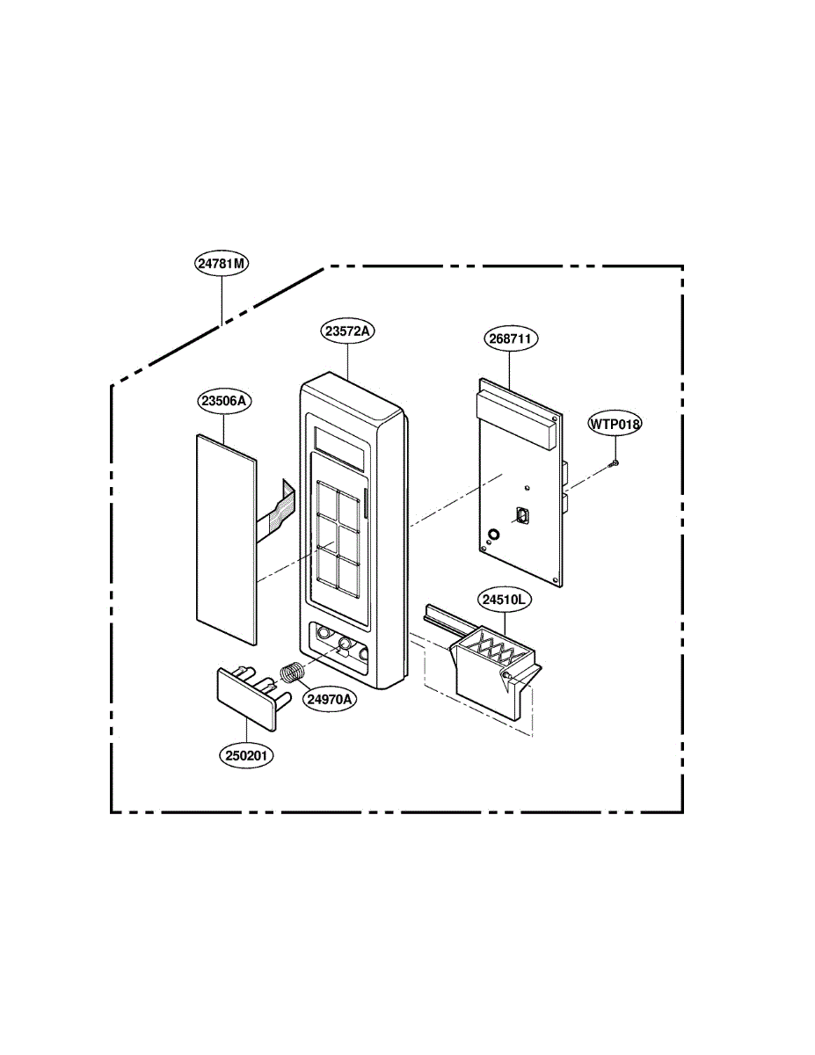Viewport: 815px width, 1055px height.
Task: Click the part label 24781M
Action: click(221, 263)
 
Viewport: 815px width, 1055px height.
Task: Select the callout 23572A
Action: click(348, 331)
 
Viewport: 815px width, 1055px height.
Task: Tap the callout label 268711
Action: click(511, 338)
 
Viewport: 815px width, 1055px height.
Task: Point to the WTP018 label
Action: click(615, 424)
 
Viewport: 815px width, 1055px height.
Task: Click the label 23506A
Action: click(224, 401)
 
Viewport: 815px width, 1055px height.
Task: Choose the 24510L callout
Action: click(503, 600)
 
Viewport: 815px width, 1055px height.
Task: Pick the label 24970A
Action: click(331, 700)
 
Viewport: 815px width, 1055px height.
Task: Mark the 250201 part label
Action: click(247, 755)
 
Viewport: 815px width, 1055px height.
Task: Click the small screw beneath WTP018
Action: click(616, 463)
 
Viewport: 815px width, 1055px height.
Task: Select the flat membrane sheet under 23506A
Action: click(224, 536)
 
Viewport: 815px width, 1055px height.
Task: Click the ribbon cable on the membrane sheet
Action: click(277, 510)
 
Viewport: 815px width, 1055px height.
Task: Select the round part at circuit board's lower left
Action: click(493, 534)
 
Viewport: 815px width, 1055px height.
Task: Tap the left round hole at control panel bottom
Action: click(324, 634)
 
